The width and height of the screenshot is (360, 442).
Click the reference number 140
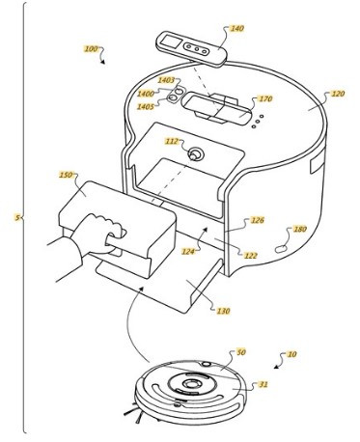236,29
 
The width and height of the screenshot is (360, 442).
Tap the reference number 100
91,49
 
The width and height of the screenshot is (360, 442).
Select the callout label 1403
166,80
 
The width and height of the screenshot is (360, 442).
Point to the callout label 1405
146,106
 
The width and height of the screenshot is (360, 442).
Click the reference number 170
265,98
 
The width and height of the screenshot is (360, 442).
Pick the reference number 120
338,94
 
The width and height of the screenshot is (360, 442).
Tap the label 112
172,141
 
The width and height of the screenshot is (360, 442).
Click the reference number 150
66,175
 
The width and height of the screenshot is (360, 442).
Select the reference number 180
300,229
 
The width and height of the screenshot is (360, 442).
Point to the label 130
223,311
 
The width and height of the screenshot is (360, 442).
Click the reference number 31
263,384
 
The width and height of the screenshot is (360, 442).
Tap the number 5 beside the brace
17,217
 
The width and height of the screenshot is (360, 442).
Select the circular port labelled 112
195,154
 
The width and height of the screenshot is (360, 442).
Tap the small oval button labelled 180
281,249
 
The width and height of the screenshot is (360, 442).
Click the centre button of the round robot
190,384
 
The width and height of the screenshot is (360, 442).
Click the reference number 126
258,220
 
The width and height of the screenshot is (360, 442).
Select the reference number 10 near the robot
291,354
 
